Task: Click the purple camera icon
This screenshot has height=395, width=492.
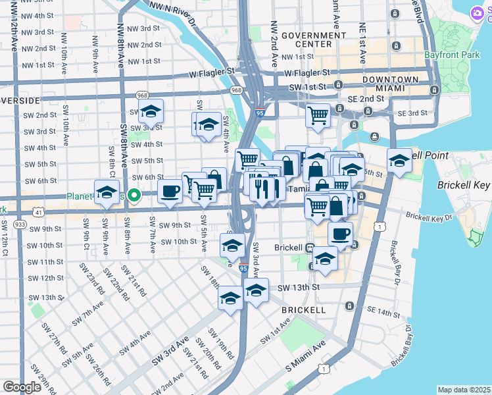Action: click(x=478, y=13)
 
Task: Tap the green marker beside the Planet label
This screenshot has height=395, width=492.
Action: click(x=134, y=196)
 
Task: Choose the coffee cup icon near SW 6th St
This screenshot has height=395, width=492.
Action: click(x=170, y=192)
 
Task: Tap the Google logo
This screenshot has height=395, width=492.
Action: click(x=22, y=387)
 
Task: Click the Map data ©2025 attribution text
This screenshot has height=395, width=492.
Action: click(x=464, y=390)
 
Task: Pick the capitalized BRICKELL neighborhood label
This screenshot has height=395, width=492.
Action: click(x=303, y=309)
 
